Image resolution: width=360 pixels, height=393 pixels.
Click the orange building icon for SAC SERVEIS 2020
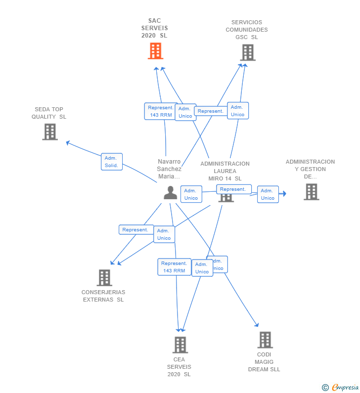[155, 51]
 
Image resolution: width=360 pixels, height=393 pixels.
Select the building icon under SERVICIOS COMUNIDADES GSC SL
[247, 52]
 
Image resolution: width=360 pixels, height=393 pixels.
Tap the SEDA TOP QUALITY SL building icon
[49, 132]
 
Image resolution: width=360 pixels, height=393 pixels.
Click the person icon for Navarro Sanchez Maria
[170, 193]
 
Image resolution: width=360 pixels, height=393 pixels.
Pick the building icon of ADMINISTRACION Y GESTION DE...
[311, 192]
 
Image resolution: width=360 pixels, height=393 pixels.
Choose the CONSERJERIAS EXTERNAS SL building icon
[104, 278]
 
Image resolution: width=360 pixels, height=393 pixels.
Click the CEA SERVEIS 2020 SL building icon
[180, 345]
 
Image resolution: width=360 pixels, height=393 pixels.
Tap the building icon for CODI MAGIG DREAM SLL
[265, 340]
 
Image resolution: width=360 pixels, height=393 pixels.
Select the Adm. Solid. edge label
[111, 162]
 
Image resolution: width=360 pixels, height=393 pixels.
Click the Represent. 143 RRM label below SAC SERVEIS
[161, 111]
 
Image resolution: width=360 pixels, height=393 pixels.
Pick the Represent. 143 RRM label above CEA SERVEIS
[174, 267]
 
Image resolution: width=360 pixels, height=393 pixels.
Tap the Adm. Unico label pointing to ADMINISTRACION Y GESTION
[268, 194]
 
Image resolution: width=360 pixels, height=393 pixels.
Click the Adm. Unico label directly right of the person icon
[191, 194]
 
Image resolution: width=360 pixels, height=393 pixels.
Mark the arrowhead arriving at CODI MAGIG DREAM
[256, 325]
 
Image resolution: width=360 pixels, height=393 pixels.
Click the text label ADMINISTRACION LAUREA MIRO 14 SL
[225, 171]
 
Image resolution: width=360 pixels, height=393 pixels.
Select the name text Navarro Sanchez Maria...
[169, 169]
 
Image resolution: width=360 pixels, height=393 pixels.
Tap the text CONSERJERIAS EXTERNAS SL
[103, 296]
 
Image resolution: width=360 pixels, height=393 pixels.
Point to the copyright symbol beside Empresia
[325, 388]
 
